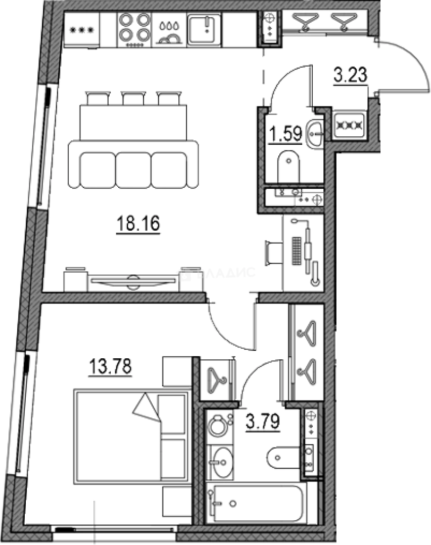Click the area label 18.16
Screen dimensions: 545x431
coord(138,224)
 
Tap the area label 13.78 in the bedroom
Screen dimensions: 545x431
coord(110,366)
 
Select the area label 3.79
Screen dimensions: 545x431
coord(262,420)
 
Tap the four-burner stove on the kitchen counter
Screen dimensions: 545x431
coord(134,29)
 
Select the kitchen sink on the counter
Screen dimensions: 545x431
coord(203,29)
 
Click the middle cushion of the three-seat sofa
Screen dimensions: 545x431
coord(133,170)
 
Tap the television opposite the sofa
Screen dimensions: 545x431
coord(133,281)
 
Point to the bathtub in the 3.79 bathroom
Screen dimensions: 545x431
coord(258,503)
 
